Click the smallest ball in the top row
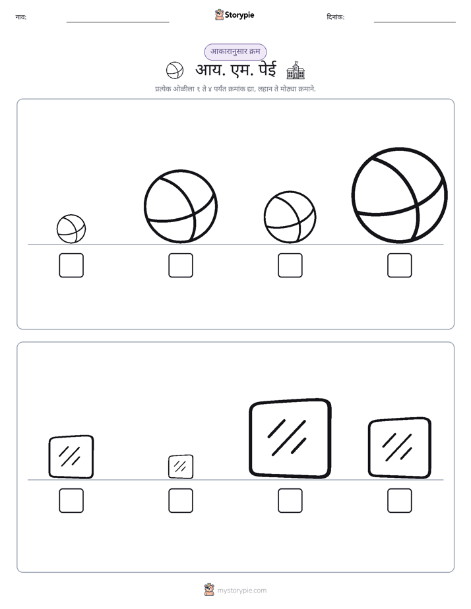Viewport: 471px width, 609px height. pyautogui.click(x=71, y=229)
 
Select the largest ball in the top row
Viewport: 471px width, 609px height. pyautogui.click(x=400, y=195)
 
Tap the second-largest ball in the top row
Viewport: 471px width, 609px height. pyautogui.click(x=181, y=207)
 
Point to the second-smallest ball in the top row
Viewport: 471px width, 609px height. pyautogui.click(x=290, y=217)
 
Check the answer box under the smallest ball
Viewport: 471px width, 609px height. pyautogui.click(x=71, y=265)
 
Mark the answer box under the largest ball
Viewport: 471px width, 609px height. pyautogui.click(x=400, y=265)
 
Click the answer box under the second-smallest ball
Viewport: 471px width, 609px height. pyautogui.click(x=290, y=265)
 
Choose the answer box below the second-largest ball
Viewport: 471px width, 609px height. pyautogui.click(x=181, y=265)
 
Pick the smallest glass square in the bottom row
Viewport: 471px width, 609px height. pyautogui.click(x=181, y=467)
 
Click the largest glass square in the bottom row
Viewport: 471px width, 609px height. pyautogui.click(x=290, y=438)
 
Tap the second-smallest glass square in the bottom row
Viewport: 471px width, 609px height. pyautogui.click(x=71, y=457)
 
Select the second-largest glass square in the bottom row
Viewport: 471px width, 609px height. pyautogui.click(x=400, y=448)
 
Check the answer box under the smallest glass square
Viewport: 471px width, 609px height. pyautogui.click(x=181, y=501)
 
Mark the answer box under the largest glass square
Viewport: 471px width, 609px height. pyautogui.click(x=290, y=501)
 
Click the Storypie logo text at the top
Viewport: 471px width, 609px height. pyautogui.click(x=239, y=15)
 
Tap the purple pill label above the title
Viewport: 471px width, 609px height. pyautogui.click(x=235, y=51)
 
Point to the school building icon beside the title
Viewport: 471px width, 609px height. pyautogui.click(x=296, y=70)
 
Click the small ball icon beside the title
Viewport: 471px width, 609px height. pyautogui.click(x=175, y=71)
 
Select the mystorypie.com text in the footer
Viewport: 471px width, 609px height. pyautogui.click(x=241, y=591)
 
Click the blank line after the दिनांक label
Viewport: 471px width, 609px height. pyautogui.click(x=415, y=22)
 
